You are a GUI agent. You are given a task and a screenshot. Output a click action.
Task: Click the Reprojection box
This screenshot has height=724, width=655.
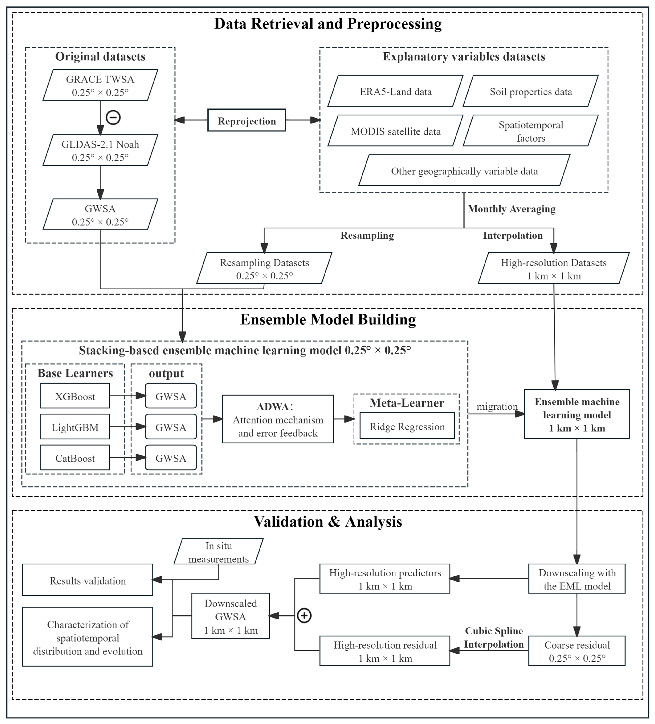click(x=247, y=120)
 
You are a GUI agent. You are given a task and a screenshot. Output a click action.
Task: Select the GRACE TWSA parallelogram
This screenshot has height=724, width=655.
click(x=100, y=85)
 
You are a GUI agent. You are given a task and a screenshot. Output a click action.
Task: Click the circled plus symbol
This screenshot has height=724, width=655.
click(x=304, y=616)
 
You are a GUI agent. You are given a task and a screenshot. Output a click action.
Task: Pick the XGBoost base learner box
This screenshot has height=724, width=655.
click(x=75, y=396)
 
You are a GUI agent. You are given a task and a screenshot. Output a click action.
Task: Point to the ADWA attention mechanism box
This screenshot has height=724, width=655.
click(x=278, y=419)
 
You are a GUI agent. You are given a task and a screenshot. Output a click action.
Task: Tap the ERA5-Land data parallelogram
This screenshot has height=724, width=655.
click(x=395, y=91)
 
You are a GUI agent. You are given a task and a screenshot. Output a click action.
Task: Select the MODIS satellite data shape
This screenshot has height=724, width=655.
click(x=395, y=131)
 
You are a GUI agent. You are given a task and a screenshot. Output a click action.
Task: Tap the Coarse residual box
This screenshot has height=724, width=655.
click(x=577, y=651)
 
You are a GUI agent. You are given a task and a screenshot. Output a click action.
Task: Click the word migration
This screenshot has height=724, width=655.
click(x=497, y=406)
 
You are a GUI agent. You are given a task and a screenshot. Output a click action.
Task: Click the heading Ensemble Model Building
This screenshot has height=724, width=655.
click(x=328, y=319)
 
